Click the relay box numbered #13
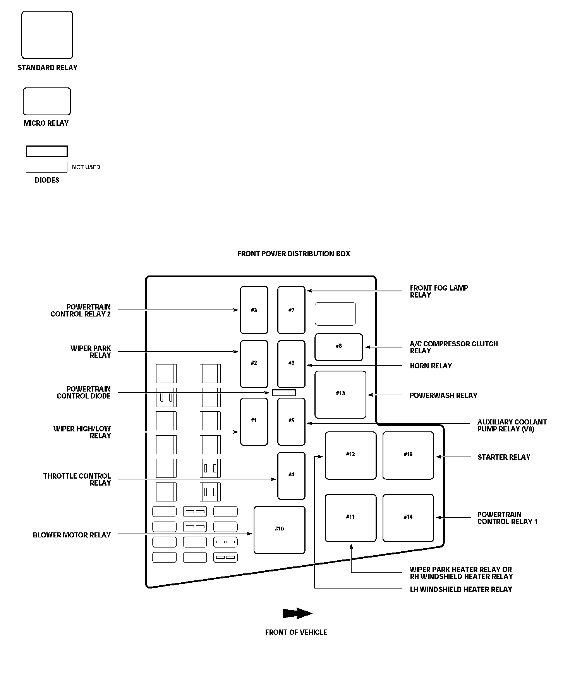pyautogui.click(x=340, y=395)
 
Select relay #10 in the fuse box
pyautogui.click(x=279, y=530)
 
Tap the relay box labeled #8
pyautogui.click(x=339, y=347)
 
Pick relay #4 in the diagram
pyautogui.click(x=291, y=476)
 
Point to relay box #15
pyautogui.click(x=408, y=455)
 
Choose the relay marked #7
pyautogui.click(x=291, y=310)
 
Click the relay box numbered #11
pyautogui.click(x=350, y=518)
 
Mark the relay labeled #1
pyautogui.click(x=254, y=421)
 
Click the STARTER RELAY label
pyautogui.click(x=504, y=457)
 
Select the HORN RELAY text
pyautogui.click(x=431, y=366)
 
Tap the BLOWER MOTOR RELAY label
pyautogui.click(x=72, y=535)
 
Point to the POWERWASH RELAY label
pyautogui.click(x=443, y=395)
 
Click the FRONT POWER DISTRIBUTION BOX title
pyautogui.click(x=294, y=253)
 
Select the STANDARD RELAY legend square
pyautogui.click(x=47, y=35)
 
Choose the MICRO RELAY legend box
pyautogui.click(x=47, y=101)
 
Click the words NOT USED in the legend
pyautogui.click(x=86, y=167)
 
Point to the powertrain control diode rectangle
pyautogui.click(x=284, y=393)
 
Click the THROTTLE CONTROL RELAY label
pyautogui.click(x=77, y=479)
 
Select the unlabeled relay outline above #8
pyautogui.click(x=335, y=314)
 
